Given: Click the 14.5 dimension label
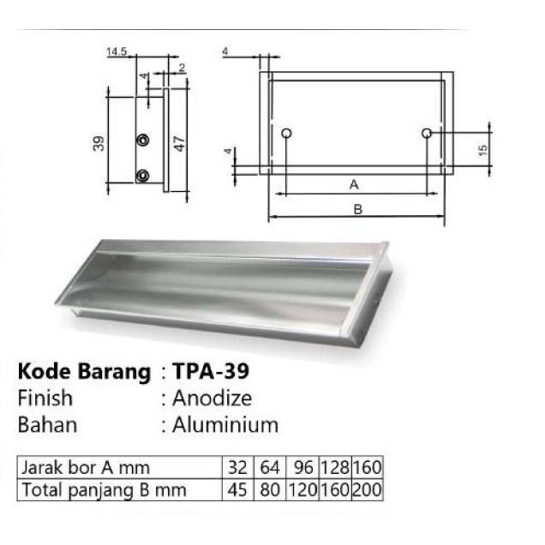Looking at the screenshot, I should point(117,52).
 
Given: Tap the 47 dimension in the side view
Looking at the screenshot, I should point(181,142).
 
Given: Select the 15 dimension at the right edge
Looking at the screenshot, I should point(483,149).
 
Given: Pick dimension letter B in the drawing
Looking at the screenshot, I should point(357,208).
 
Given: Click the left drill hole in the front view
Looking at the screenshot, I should point(286,133).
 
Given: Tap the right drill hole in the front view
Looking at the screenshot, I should point(427,133).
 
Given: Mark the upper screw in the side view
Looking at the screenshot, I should point(143,140).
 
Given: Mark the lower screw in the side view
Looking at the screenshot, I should point(143,175).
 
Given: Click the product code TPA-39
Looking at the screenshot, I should point(211,373).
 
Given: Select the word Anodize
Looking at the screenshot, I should point(211,398).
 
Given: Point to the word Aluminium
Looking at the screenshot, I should point(225,424).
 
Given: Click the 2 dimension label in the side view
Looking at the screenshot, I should point(183,67).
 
